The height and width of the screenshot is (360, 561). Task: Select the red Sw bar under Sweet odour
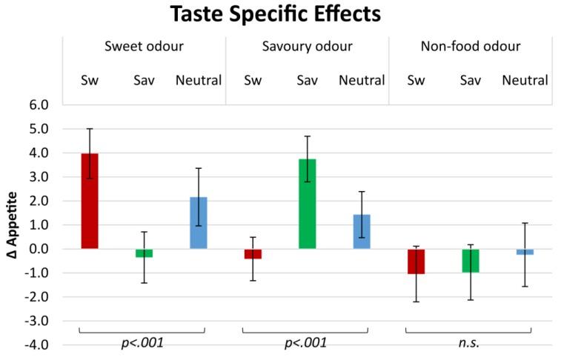click(90, 201)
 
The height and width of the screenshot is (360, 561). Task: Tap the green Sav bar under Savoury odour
click(308, 204)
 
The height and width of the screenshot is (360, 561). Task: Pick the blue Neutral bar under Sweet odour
click(199, 222)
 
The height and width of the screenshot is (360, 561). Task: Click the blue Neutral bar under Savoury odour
click(362, 231)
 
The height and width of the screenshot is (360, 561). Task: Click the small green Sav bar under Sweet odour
click(144, 253)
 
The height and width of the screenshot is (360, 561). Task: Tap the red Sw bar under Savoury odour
click(253, 254)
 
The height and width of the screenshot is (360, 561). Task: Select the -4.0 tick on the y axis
click(37, 345)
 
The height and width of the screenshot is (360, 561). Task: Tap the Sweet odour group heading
click(144, 47)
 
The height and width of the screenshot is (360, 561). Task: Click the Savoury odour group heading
click(308, 47)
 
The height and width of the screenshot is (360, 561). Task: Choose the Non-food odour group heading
click(471, 47)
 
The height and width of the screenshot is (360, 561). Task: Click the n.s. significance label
click(468, 343)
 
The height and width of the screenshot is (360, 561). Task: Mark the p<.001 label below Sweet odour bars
click(142, 343)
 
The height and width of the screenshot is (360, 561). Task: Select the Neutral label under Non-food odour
click(525, 80)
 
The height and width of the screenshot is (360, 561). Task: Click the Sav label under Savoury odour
click(308, 80)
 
